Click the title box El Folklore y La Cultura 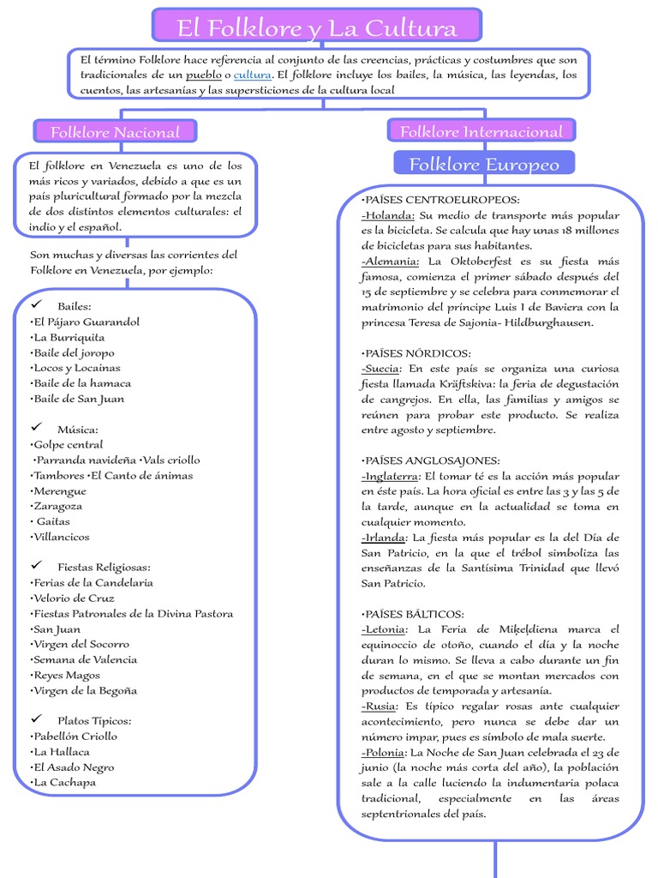[x=316, y=27]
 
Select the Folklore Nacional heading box [x=115, y=132]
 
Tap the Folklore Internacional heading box [x=481, y=131]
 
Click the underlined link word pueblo [x=204, y=75]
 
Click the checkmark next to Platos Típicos [x=37, y=720]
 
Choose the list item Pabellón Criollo [x=75, y=737]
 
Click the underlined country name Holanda [x=389, y=215]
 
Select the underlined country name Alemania [x=391, y=262]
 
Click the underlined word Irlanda [x=383, y=538]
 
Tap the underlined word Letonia [x=384, y=629]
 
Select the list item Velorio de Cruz [x=73, y=598]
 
